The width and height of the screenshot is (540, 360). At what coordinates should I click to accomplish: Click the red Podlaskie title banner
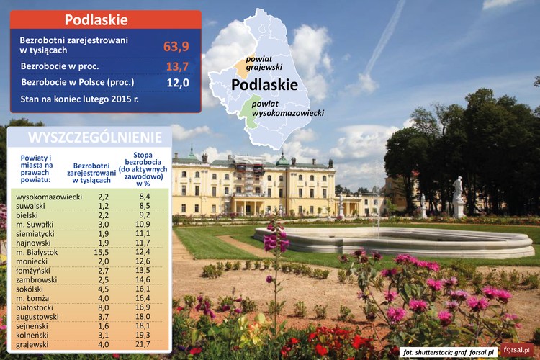pyautogui.click(x=105, y=19)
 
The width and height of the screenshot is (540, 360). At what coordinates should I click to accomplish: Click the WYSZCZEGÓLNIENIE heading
pyautogui.click(x=89, y=137)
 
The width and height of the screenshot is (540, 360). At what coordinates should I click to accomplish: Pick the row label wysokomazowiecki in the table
pyautogui.click(x=48, y=196)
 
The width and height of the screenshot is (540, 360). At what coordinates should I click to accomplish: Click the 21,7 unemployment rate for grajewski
pyautogui.click(x=143, y=345)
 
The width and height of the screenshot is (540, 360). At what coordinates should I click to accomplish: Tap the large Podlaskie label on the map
pyautogui.click(x=264, y=85)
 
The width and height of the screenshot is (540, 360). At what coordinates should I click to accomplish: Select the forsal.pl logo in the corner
pyautogui.click(x=517, y=349)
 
